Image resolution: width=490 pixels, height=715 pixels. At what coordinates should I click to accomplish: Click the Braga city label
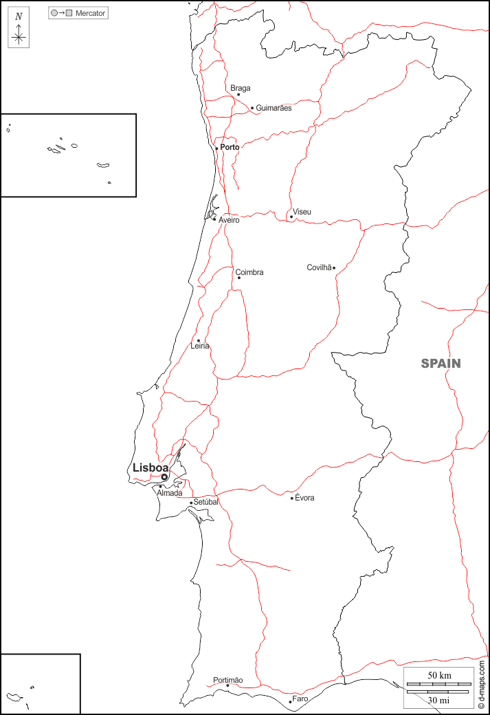click(x=241, y=88)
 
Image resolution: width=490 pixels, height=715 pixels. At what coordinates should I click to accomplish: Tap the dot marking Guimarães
click(x=252, y=108)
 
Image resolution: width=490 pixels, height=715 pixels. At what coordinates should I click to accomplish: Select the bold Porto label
click(x=230, y=147)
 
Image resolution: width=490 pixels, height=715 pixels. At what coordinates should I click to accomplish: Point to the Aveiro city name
click(x=229, y=220)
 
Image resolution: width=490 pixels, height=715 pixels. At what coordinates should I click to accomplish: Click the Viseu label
click(x=302, y=212)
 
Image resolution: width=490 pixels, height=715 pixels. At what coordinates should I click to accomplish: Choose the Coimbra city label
click(x=249, y=272)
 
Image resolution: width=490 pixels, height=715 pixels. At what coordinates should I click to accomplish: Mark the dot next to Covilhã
click(x=334, y=267)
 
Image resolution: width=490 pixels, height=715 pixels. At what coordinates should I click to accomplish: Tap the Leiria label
click(x=200, y=346)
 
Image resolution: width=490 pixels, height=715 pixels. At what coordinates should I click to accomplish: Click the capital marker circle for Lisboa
click(x=164, y=477)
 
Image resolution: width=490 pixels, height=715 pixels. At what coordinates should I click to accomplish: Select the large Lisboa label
click(x=151, y=467)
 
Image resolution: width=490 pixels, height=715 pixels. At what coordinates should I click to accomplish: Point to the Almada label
click(x=170, y=493)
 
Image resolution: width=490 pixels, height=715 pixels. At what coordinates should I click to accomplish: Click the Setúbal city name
click(x=205, y=502)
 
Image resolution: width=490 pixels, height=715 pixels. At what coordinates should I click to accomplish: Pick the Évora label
click(x=304, y=498)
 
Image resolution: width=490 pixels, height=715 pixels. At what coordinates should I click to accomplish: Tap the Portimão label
click(x=228, y=680)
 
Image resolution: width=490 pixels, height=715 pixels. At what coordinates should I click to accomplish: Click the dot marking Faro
click(x=290, y=702)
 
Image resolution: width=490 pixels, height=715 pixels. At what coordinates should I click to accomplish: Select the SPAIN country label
click(x=441, y=364)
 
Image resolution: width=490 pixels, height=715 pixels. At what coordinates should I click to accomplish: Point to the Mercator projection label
click(x=91, y=13)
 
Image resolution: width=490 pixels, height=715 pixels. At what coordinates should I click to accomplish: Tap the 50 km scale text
click(x=439, y=676)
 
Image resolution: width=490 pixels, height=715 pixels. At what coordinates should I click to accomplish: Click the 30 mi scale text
click(x=439, y=700)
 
